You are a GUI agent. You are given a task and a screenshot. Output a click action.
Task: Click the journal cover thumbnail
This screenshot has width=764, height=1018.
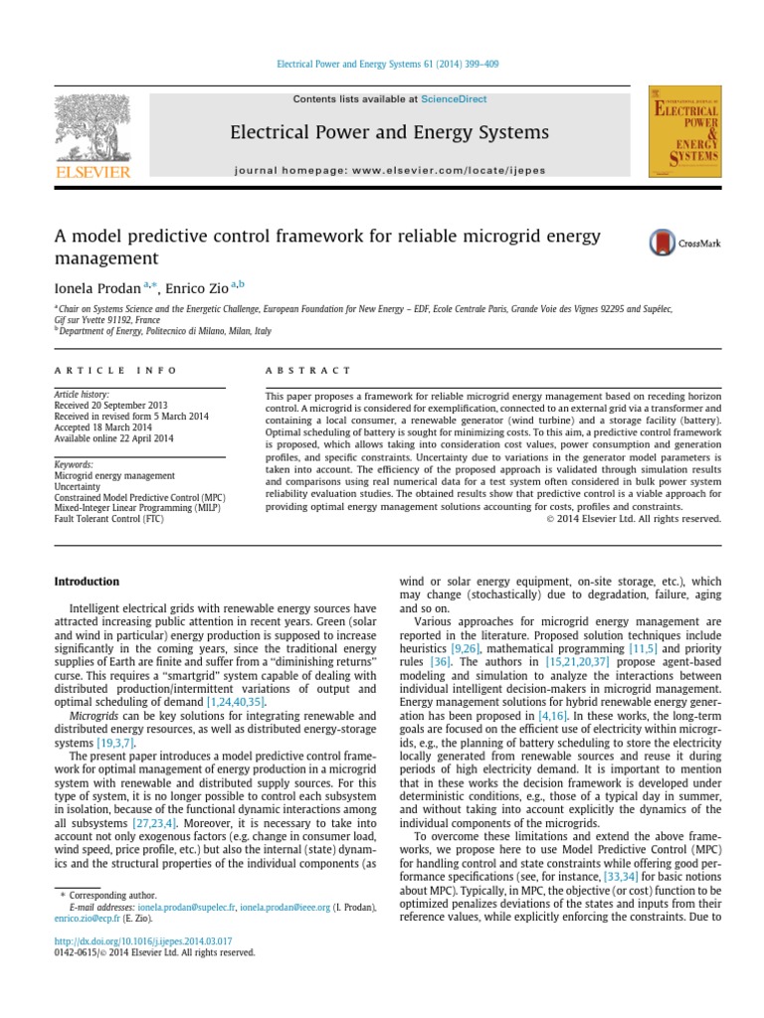click(x=684, y=132)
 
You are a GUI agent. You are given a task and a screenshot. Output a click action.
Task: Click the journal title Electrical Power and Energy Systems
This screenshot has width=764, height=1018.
click(x=389, y=132)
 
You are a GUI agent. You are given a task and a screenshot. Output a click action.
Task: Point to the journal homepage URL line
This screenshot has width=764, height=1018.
click(x=389, y=170)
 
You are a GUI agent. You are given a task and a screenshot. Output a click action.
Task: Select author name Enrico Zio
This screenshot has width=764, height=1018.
click(x=200, y=287)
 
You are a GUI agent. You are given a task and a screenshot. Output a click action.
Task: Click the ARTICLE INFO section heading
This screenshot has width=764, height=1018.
click(x=115, y=370)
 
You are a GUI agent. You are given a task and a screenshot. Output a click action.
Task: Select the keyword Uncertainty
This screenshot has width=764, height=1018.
click(x=79, y=487)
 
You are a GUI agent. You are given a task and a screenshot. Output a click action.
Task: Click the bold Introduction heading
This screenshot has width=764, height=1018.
click(x=87, y=582)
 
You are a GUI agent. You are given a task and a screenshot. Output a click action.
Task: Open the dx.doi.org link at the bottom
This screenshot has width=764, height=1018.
click(x=143, y=940)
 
